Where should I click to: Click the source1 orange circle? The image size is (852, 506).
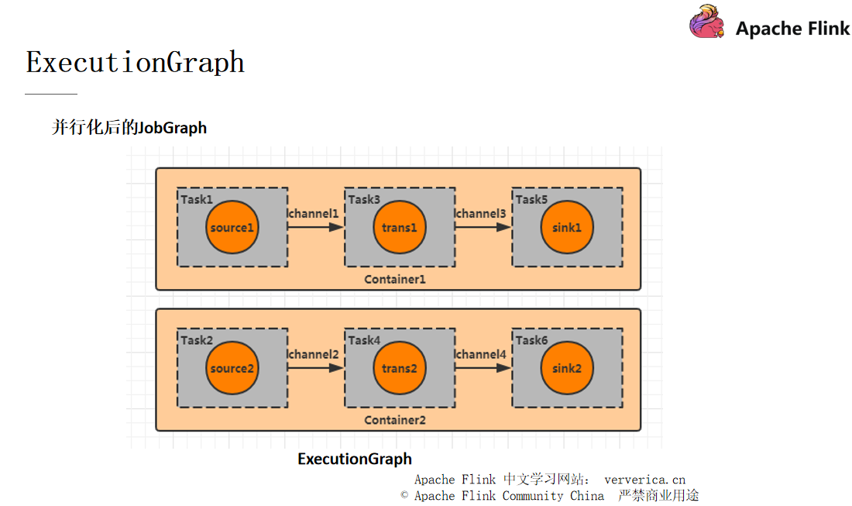[x=232, y=227]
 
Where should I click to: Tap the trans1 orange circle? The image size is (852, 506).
[x=400, y=227]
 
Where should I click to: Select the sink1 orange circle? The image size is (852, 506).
[x=567, y=227]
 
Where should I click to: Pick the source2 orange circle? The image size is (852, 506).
[x=232, y=368]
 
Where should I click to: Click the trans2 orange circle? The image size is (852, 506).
[x=400, y=368]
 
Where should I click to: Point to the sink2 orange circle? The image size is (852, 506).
[x=567, y=368]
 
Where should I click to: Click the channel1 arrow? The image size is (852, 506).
[x=315, y=227]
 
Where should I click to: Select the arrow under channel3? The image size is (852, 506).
[x=483, y=227]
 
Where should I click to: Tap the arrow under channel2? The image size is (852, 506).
[x=315, y=368]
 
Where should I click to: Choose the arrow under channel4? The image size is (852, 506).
[x=483, y=368]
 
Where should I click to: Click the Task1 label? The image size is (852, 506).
[x=197, y=199]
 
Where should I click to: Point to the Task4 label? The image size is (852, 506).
[x=364, y=340]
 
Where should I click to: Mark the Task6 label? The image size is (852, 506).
[x=531, y=340]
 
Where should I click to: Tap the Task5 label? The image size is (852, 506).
[x=531, y=199]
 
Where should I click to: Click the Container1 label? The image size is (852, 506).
[x=395, y=279]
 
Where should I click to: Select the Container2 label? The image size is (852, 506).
[x=395, y=420]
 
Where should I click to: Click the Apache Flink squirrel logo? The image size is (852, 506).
[x=707, y=22]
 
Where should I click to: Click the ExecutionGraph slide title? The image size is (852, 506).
[x=136, y=62]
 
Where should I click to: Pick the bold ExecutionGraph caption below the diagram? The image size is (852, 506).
[x=355, y=459]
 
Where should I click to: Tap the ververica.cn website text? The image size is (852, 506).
[x=644, y=480]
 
